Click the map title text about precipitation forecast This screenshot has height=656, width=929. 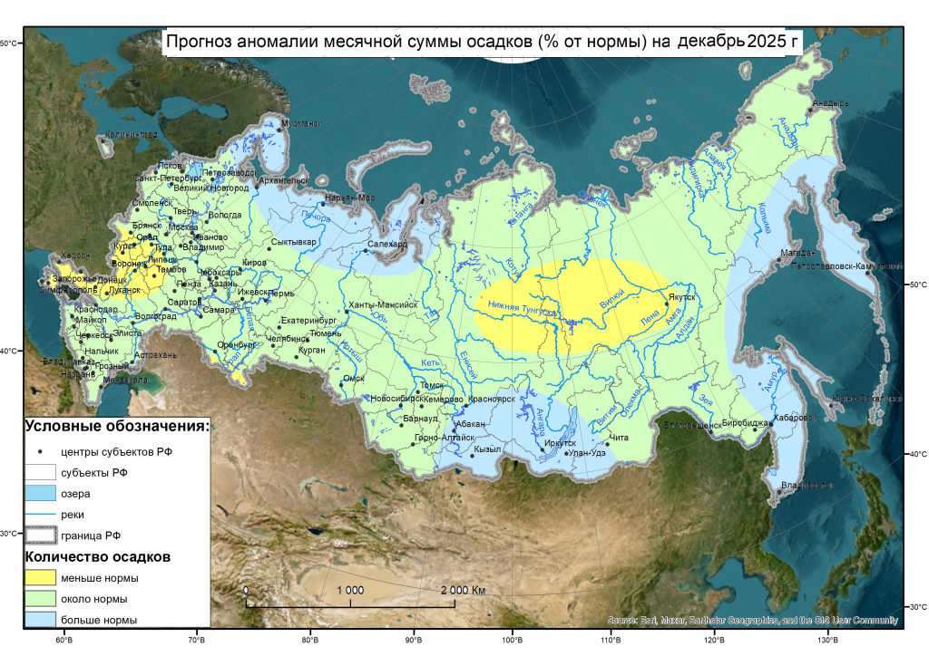point(482,42)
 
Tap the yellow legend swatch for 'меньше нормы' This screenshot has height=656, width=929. point(41,578)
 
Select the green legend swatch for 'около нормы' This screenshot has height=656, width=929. point(41,599)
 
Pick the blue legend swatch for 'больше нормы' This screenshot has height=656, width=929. point(41,620)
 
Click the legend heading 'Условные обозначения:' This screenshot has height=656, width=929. point(117,426)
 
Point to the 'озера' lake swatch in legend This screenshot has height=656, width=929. point(41,493)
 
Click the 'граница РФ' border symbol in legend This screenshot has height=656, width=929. point(41,535)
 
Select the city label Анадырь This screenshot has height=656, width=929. point(830,103)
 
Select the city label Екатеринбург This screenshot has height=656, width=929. point(308,321)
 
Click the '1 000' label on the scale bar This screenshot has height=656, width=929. point(350,590)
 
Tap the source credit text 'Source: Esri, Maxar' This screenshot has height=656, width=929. point(752,621)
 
